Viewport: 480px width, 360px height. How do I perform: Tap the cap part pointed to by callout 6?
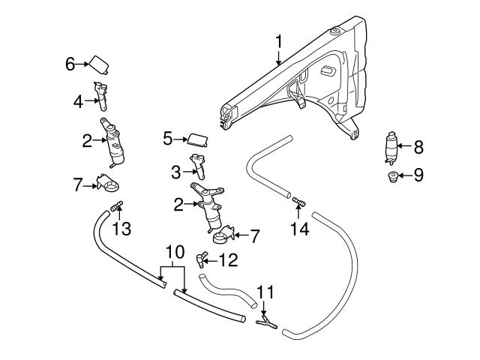click(101, 64)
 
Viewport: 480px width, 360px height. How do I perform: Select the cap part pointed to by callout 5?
click(197, 138)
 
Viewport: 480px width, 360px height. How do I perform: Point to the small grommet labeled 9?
click(390, 177)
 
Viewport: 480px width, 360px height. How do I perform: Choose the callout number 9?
click(418, 175)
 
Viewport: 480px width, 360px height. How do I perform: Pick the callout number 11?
click(265, 291)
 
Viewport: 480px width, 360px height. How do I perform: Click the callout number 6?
click(70, 64)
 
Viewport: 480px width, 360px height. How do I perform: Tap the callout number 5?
click(168, 138)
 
